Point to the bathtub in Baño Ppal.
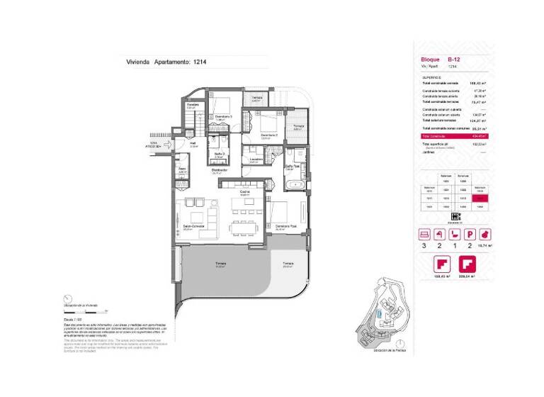coord(293,185)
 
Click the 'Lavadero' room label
coord(256,159)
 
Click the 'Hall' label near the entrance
coord(183,144)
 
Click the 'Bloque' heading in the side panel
coord(430,60)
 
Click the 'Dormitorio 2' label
coord(268,135)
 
